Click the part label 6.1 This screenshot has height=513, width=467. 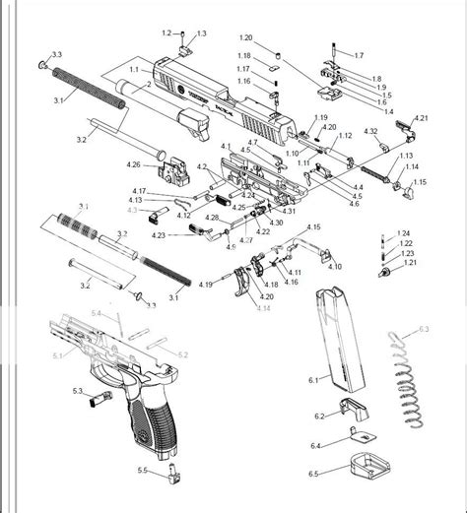pos(313,378)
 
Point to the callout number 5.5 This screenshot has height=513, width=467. pos(143,472)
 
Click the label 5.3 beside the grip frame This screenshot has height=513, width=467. pos(78,390)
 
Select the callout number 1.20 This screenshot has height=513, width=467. pos(245,36)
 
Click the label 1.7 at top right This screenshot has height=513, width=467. pos(358,55)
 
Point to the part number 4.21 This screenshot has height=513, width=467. pos(421,118)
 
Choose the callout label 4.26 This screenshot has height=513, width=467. pos(134,164)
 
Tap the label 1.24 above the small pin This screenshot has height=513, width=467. pos(404,233)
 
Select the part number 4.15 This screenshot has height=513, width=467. pos(312,226)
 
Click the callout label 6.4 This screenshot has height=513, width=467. pos(315,445)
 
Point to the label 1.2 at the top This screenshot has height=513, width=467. pos(166,33)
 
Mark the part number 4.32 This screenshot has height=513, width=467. pos(370,131)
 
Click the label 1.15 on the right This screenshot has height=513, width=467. pos(420,182)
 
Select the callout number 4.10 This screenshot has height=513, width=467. pos(335,266)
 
